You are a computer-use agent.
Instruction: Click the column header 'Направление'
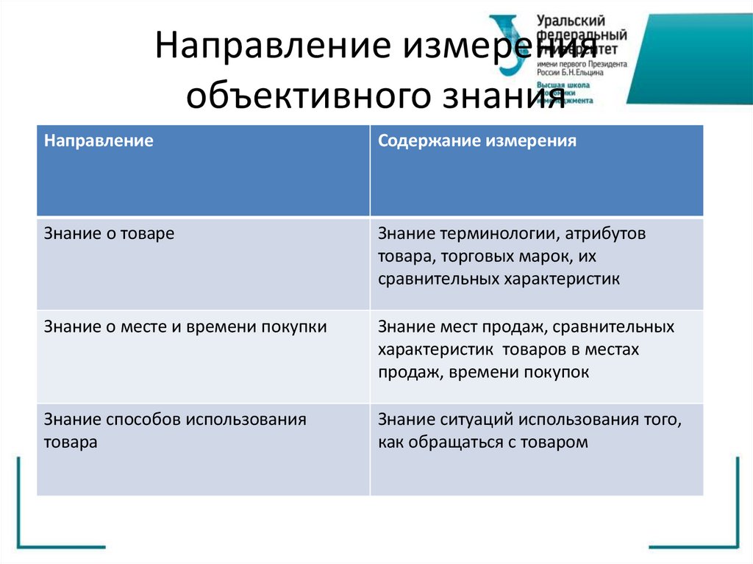click(x=99, y=140)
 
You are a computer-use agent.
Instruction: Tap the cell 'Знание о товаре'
click(x=109, y=234)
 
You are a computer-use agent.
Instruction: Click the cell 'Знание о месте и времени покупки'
click(x=185, y=326)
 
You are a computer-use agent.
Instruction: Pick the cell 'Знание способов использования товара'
click(x=174, y=432)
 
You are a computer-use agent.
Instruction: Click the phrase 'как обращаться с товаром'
click(x=483, y=443)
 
